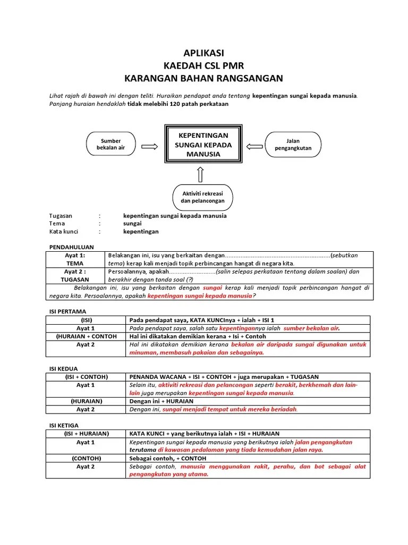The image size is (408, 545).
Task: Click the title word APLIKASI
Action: (203, 53)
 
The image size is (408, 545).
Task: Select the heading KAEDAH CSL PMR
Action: (203, 65)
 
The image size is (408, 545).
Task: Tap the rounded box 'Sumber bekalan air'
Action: (111, 144)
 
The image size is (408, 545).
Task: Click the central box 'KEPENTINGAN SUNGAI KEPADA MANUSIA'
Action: (203, 145)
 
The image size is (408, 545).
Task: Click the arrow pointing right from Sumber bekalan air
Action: (149, 145)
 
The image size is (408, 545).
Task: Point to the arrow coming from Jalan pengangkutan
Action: (256, 145)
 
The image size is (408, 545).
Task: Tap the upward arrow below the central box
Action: (200, 173)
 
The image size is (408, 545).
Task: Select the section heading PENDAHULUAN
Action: (71, 247)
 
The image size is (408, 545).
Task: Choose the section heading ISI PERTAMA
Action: (67, 311)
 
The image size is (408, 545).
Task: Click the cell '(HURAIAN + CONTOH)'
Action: (86, 336)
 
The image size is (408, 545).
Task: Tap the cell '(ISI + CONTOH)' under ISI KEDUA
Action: (86, 377)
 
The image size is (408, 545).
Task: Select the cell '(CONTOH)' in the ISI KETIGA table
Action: (86, 458)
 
